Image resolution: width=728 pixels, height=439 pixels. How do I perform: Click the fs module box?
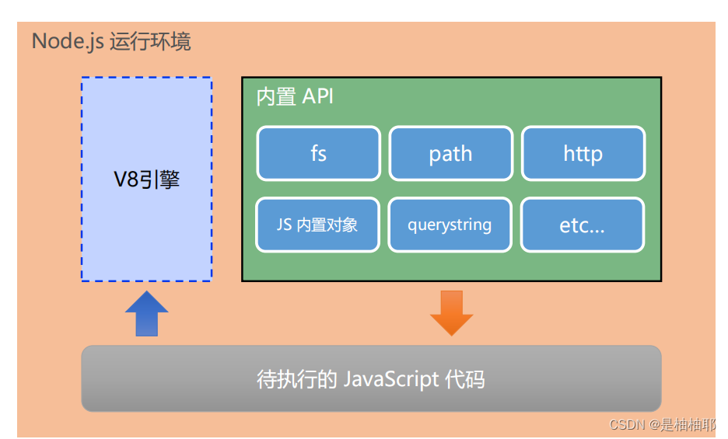[318, 153]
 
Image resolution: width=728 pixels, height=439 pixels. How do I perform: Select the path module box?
[450, 153]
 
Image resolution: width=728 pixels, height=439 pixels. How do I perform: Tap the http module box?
[583, 153]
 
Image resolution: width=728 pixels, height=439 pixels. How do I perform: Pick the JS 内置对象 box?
[317, 225]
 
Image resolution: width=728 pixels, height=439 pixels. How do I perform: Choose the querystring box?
[450, 225]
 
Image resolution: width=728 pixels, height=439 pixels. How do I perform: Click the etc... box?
[582, 225]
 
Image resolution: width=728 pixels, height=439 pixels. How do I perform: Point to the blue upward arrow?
[146, 313]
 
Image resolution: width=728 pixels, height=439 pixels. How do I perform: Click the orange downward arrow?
[451, 312]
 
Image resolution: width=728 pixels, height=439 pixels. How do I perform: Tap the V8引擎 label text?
[146, 179]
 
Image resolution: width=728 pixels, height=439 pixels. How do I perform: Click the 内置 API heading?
[295, 97]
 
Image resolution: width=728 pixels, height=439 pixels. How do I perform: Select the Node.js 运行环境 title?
[111, 41]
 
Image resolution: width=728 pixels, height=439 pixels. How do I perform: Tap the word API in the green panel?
[317, 97]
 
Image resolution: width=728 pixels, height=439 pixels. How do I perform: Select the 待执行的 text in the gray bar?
[296, 379]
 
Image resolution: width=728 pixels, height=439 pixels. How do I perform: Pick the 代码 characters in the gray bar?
[465, 379]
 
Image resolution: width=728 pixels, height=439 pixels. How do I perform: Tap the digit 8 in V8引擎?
[133, 179]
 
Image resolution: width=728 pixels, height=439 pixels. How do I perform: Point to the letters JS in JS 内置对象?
[284, 225]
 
